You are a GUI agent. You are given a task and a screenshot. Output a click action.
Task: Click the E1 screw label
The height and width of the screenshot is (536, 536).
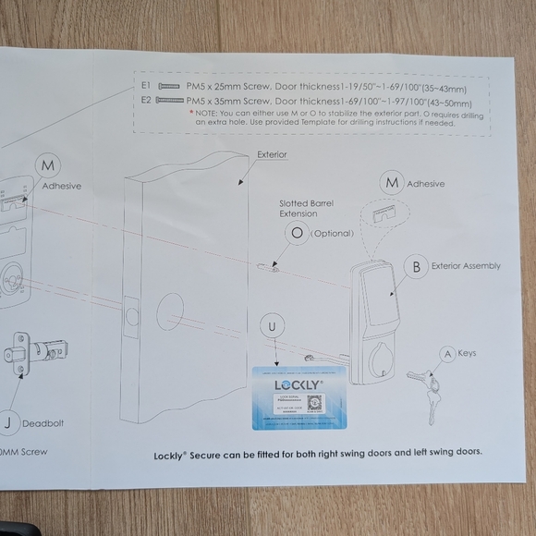click(x=146, y=84)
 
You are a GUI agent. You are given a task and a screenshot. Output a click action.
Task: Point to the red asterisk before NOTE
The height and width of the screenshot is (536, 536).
click(x=191, y=111)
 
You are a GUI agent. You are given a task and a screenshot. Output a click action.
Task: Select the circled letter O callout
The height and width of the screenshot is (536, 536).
click(x=298, y=234)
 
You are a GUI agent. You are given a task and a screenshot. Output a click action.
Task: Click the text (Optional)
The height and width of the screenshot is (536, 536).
click(x=333, y=234)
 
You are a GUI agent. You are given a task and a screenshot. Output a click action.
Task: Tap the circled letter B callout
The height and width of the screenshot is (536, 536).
click(x=417, y=267)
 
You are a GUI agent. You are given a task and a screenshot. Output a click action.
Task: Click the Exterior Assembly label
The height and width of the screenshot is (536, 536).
click(x=466, y=266)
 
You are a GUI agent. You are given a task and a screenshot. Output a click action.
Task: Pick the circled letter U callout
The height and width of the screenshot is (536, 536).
click(x=272, y=326)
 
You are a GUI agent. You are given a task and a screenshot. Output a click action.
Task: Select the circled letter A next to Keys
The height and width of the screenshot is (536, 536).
click(x=447, y=354)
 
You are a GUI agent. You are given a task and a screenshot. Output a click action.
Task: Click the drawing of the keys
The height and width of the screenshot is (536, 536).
click(x=428, y=388)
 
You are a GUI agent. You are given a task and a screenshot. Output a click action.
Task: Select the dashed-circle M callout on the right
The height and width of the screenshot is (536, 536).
click(x=393, y=184)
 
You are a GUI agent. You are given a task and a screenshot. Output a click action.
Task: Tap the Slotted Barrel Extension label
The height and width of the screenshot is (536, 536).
click(x=308, y=208)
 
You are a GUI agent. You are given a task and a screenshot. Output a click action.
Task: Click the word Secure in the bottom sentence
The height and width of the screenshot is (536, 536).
click(x=217, y=454)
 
